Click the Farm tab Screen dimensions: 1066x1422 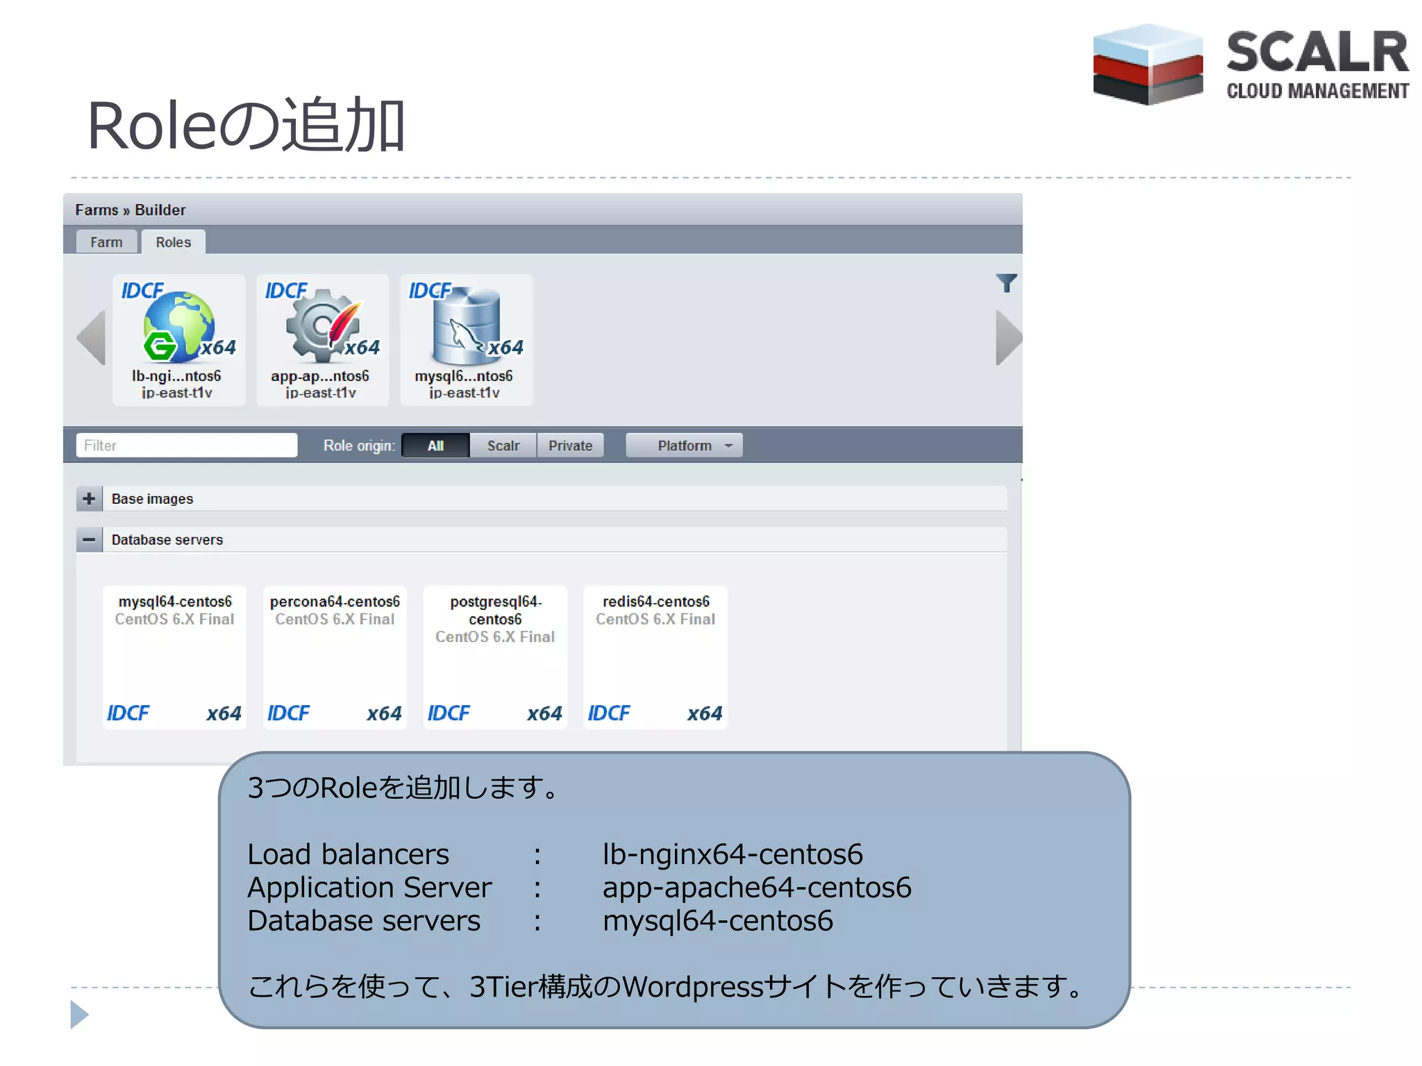(x=106, y=242)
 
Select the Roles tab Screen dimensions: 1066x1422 (x=173, y=242)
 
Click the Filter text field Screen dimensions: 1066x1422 (x=186, y=446)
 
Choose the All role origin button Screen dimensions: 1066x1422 (x=435, y=446)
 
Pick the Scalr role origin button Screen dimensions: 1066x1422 (x=503, y=446)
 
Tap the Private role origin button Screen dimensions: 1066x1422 (x=570, y=446)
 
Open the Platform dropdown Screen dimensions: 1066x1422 (x=684, y=446)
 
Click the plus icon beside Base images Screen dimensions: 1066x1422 (x=89, y=498)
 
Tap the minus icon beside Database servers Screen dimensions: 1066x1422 (x=89, y=539)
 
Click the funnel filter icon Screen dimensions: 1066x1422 (x=1006, y=282)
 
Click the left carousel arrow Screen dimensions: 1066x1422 (x=92, y=337)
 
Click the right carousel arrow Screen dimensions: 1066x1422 (x=1008, y=337)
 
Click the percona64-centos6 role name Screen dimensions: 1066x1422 (x=335, y=601)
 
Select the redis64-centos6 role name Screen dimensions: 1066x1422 (x=655, y=601)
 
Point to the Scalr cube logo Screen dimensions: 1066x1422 (x=1147, y=65)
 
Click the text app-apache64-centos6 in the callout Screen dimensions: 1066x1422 (x=756, y=887)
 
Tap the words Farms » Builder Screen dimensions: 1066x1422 (x=131, y=210)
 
